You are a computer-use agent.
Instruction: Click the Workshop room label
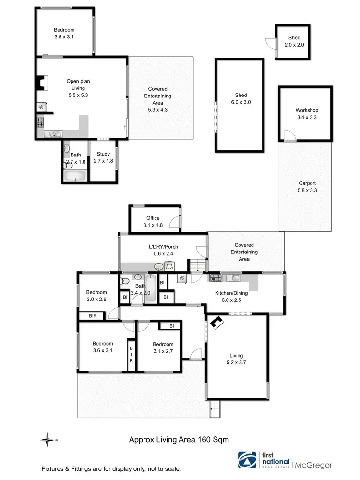point(306,110)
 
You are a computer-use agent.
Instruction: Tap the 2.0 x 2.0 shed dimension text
point(294,45)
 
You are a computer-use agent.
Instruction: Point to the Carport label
point(307,183)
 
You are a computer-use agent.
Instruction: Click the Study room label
point(103,154)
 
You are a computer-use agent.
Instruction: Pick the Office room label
point(153,218)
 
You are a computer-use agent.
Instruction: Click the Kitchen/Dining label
point(230,292)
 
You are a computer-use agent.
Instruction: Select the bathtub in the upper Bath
point(75,177)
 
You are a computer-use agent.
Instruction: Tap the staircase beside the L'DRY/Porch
point(197,264)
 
